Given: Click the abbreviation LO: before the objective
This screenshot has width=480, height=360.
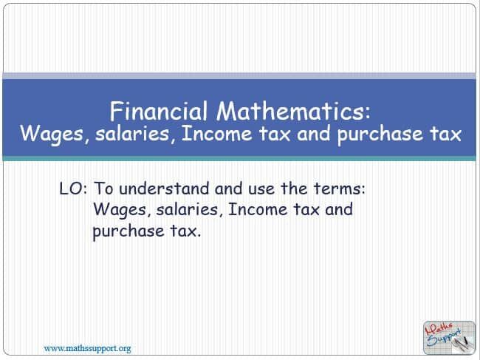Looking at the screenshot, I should coord(73,189).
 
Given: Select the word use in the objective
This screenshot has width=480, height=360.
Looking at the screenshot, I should coord(256,189).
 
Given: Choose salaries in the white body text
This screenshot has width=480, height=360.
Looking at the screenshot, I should coord(183,210).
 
